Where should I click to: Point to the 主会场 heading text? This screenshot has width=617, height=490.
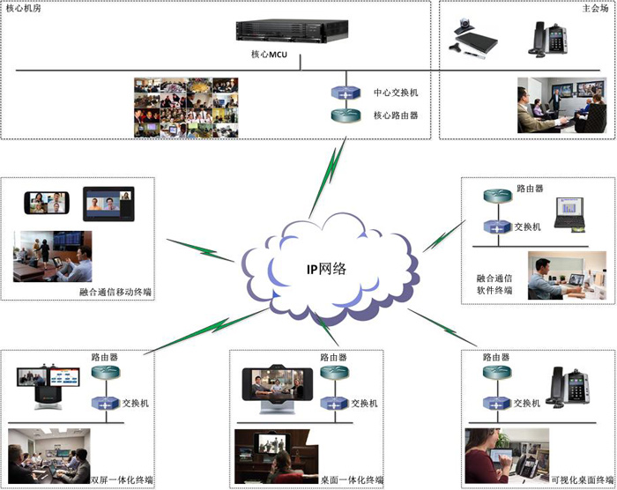click(x=595, y=8)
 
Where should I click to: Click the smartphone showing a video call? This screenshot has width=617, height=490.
click(x=47, y=203)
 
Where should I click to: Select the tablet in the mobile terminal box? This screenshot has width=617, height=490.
click(x=108, y=204)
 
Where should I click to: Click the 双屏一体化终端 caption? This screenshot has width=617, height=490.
click(x=122, y=479)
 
